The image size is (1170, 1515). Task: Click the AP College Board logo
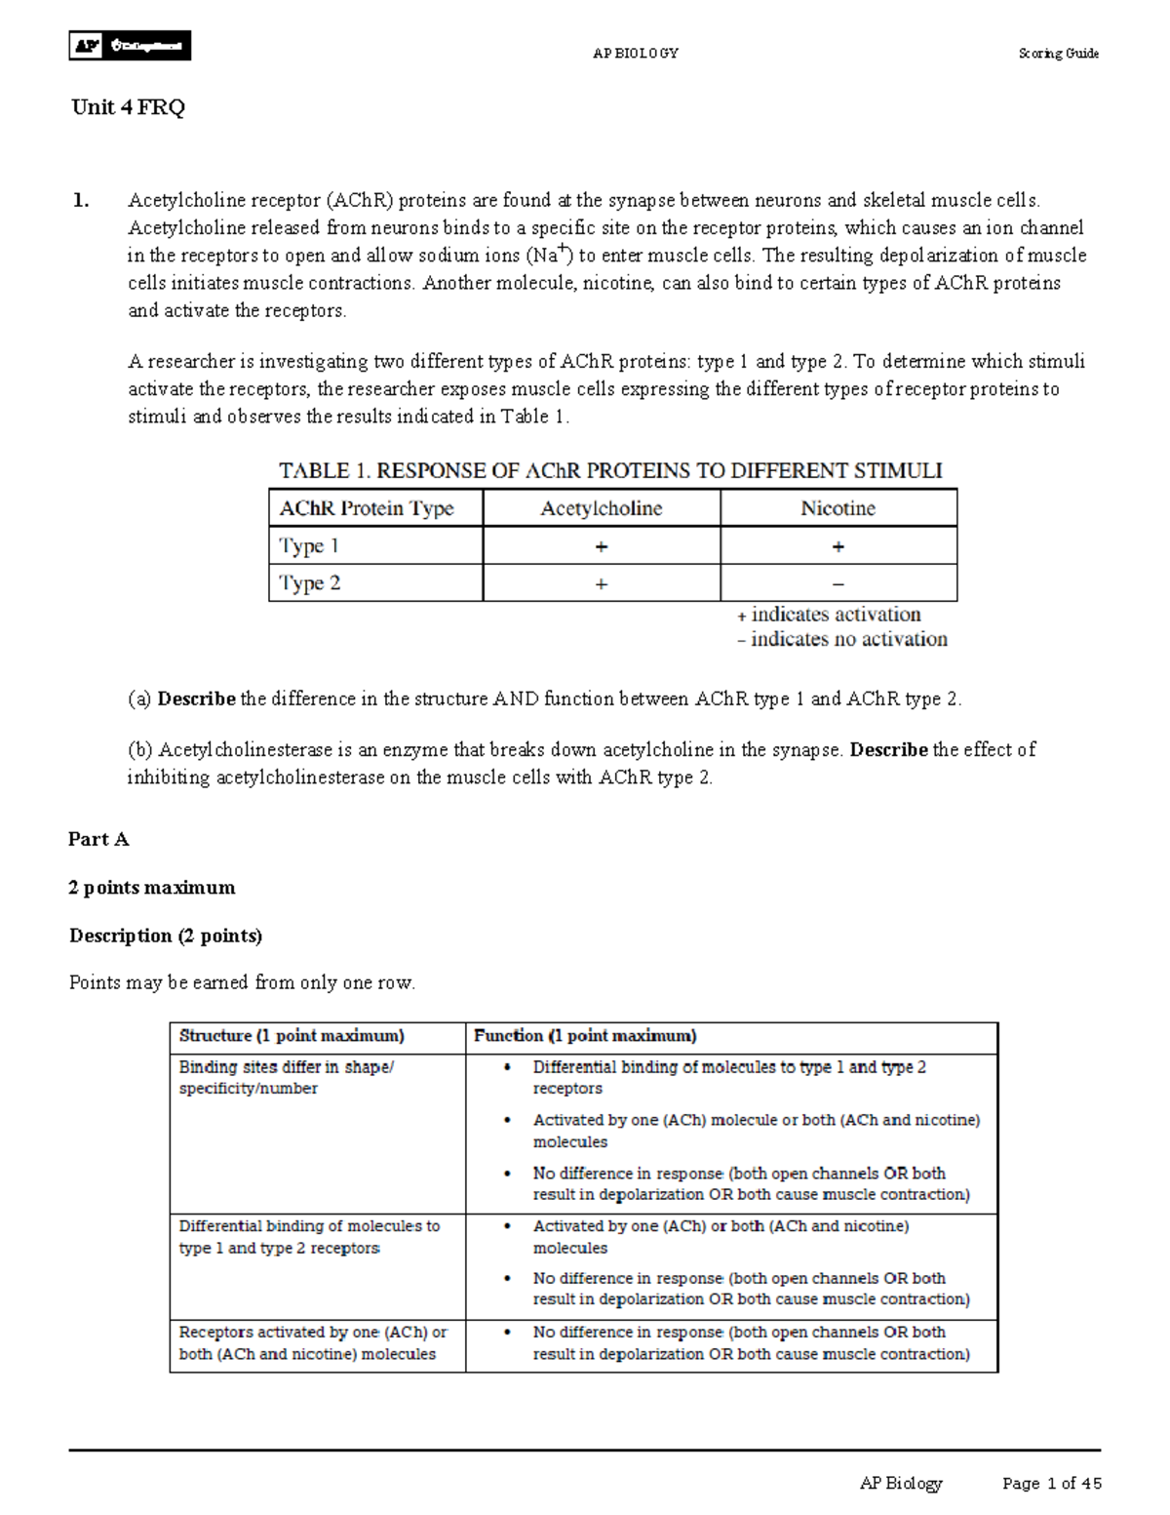[x=130, y=46]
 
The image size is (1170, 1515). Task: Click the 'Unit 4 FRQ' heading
[x=128, y=107]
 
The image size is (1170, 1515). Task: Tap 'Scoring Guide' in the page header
[x=1058, y=54]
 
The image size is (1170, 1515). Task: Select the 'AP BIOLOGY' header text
[x=636, y=54]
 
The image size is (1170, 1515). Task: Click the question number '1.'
[x=81, y=201]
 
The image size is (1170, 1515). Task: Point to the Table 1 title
[x=610, y=471]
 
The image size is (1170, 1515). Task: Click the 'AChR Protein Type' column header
[x=367, y=508]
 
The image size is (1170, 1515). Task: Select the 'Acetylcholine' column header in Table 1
[x=602, y=508]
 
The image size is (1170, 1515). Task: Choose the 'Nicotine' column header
[x=838, y=508]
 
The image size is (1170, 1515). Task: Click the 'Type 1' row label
[x=309, y=546]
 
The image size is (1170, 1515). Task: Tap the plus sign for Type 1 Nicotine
[x=838, y=547]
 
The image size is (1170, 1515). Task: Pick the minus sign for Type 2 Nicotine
[x=838, y=584]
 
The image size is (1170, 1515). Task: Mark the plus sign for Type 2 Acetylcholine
[x=602, y=584]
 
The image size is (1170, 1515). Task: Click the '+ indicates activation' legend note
[x=829, y=615]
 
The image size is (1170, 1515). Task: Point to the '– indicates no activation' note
[x=842, y=640]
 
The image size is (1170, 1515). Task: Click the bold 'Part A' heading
[x=98, y=839]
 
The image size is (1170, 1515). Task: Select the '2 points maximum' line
[x=152, y=888]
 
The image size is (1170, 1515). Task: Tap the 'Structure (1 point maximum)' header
[x=292, y=1036]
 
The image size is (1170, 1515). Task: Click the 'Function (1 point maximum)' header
[x=585, y=1036]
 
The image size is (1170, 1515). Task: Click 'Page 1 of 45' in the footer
[x=1051, y=1484]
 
